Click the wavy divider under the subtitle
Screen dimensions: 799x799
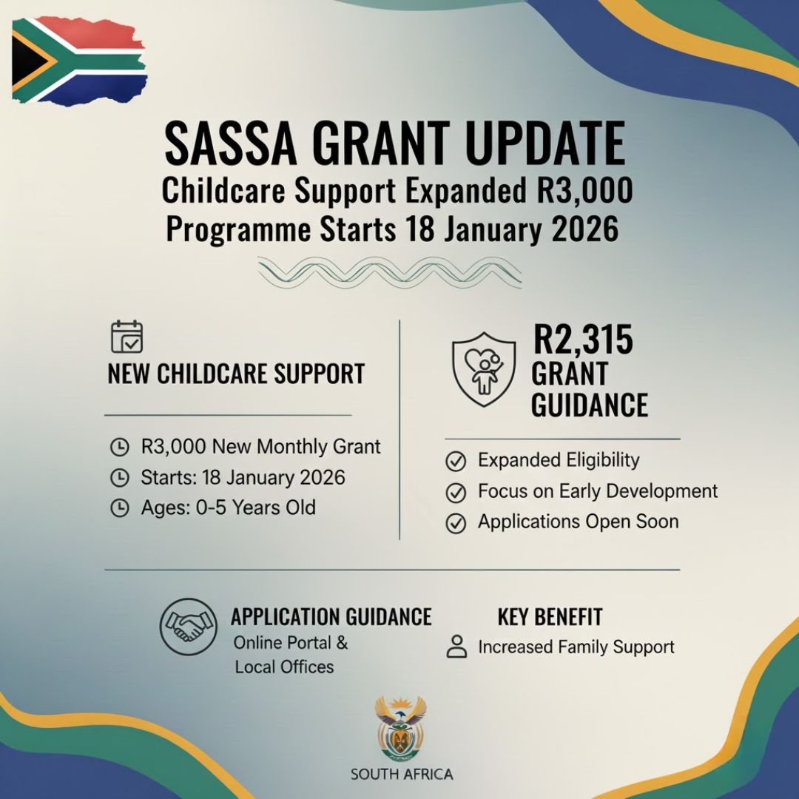pyautogui.click(x=390, y=272)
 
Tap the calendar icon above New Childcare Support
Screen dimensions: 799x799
pyautogui.click(x=127, y=337)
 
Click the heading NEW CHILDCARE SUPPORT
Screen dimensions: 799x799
pyautogui.click(x=236, y=374)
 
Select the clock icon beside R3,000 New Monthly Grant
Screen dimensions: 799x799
pyautogui.click(x=119, y=448)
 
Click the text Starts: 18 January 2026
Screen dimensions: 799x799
pyautogui.click(x=243, y=477)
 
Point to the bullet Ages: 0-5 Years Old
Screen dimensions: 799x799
pyautogui.click(x=228, y=508)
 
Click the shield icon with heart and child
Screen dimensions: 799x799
pyautogui.click(x=484, y=368)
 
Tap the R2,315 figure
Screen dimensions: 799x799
pyautogui.click(x=583, y=341)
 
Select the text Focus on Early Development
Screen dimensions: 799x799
pyautogui.click(x=598, y=491)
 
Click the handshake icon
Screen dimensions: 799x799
pyautogui.click(x=189, y=627)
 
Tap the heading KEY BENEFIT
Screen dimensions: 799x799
pyautogui.click(x=550, y=617)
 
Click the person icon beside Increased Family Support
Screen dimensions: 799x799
pyautogui.click(x=457, y=647)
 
